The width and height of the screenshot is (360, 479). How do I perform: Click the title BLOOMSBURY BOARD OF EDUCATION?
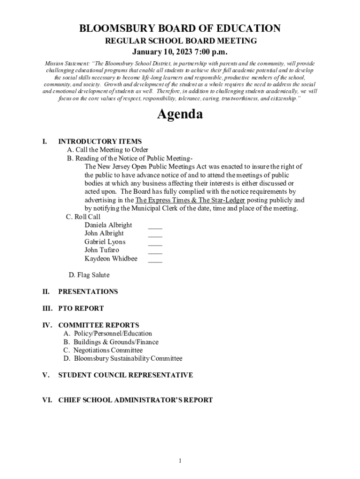tap(180, 29)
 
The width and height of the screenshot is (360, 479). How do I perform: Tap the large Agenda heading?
tap(180, 114)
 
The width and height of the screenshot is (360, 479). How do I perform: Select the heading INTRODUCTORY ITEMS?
tap(100, 141)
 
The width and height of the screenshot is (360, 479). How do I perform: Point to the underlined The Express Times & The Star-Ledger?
tap(190, 200)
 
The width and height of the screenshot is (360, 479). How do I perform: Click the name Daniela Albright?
tap(108, 225)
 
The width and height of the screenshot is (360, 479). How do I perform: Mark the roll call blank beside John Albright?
tap(155, 235)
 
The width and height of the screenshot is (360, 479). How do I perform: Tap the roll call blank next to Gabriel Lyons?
tap(155, 244)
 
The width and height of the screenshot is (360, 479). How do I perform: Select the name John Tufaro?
tap(101, 250)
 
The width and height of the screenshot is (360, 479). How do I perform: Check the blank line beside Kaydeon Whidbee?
tap(155, 261)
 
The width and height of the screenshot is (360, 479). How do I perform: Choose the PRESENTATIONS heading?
tap(88, 292)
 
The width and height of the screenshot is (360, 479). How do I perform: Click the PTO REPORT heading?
tap(81, 309)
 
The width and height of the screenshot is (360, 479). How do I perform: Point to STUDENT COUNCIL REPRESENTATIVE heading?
tap(125, 375)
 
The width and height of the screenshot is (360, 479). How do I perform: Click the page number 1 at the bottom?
tap(180, 461)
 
